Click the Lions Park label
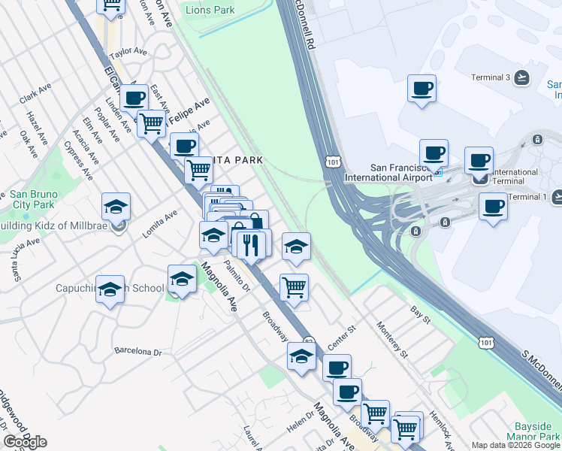point(210,11)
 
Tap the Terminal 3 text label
point(491,77)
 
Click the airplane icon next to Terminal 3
point(522,77)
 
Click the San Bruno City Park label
point(32,199)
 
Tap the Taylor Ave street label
point(128,53)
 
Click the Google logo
point(25,442)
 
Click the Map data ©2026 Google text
point(515,445)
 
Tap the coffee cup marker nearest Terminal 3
point(421,88)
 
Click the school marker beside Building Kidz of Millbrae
point(116,207)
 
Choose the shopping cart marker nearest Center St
point(294,286)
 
